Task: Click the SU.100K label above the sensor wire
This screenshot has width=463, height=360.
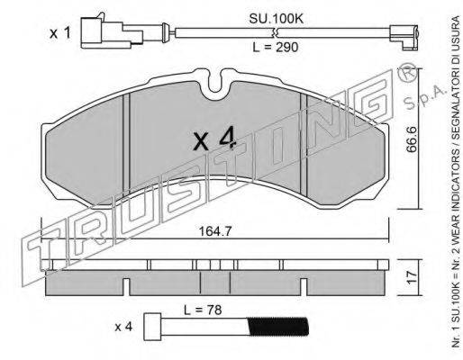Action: pyautogui.click(x=277, y=19)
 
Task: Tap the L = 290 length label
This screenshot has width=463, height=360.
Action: pyautogui.click(x=276, y=47)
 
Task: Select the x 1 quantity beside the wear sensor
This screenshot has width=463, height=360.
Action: pyautogui.click(x=60, y=33)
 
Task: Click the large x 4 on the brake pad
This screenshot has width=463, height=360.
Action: pyautogui.click(x=214, y=139)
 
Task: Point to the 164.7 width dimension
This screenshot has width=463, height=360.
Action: pyautogui.click(x=215, y=231)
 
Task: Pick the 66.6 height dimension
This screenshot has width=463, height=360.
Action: pyautogui.click(x=412, y=139)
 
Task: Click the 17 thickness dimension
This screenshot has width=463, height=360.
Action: pyautogui.click(x=412, y=278)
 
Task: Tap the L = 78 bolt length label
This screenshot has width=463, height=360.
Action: pyautogui.click(x=203, y=310)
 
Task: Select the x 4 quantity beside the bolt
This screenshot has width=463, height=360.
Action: pyautogui.click(x=123, y=327)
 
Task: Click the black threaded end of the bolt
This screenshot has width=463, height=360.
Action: pyautogui.click(x=278, y=327)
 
